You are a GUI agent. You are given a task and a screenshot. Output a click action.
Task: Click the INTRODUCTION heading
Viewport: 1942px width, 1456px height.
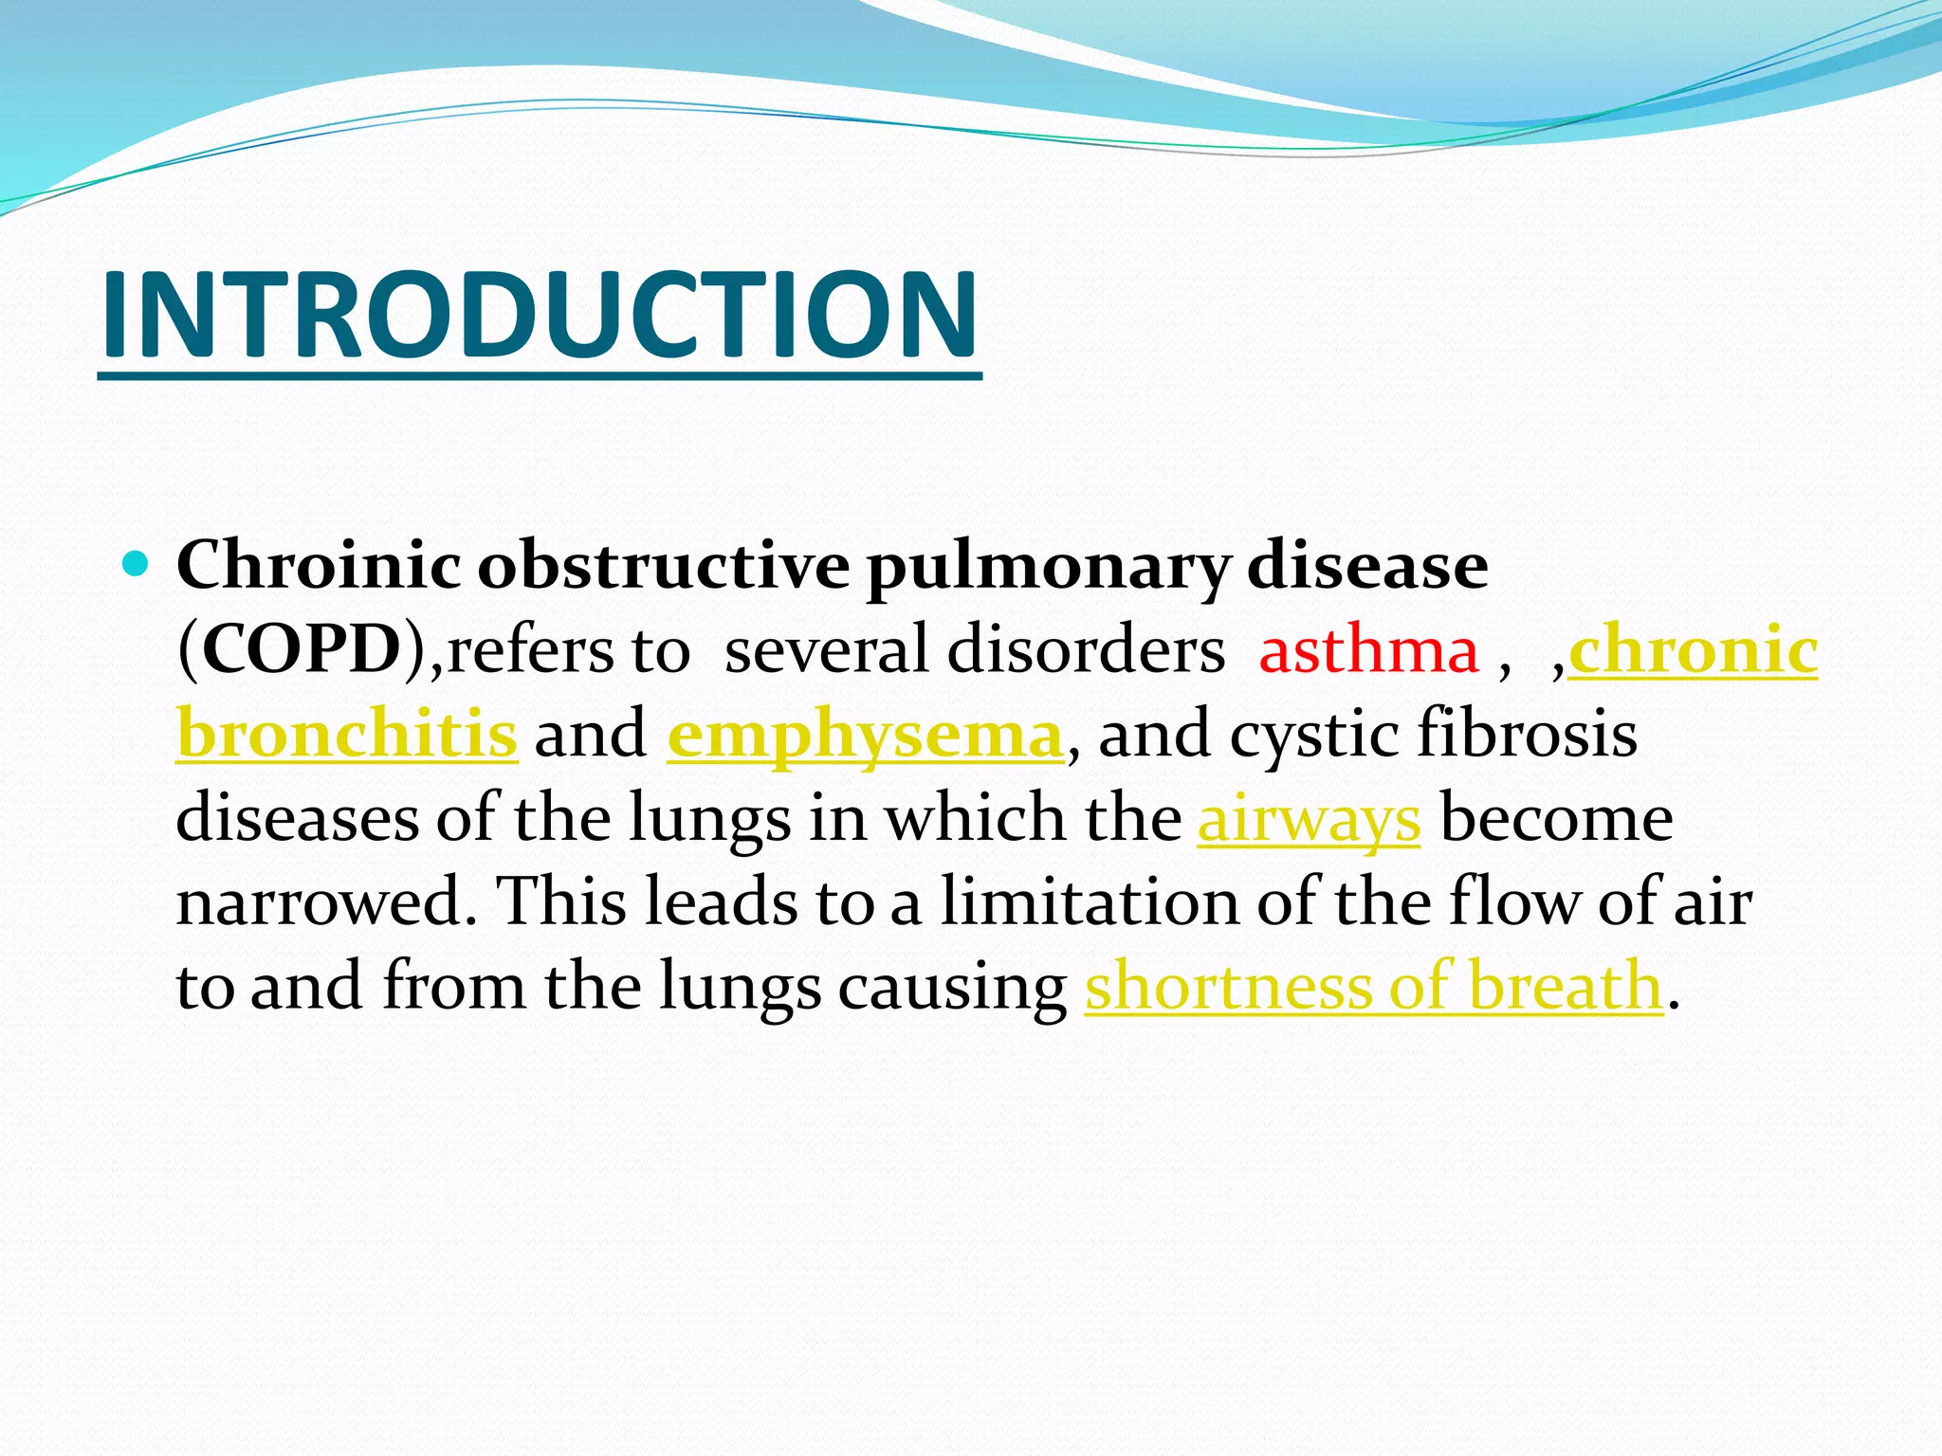point(539,315)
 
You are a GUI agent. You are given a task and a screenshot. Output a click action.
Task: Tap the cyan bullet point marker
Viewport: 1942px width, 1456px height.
point(137,566)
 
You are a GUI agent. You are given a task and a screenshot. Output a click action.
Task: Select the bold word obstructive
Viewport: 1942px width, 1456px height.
point(663,566)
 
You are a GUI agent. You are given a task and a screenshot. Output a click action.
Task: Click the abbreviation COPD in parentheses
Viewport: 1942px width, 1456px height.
point(302,651)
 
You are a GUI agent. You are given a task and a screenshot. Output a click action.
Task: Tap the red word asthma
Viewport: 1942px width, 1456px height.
point(1368,651)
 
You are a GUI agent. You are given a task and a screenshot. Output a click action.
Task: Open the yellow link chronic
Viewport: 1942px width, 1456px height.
point(1694,651)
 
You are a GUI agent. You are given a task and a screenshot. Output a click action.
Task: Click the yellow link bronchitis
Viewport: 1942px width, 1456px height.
point(347,735)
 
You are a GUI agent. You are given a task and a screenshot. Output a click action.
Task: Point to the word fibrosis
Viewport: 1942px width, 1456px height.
point(1527,735)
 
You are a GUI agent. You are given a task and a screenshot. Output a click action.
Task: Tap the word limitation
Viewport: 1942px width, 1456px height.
point(1090,902)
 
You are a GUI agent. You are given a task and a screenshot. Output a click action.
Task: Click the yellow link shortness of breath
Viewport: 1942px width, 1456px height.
point(1374,986)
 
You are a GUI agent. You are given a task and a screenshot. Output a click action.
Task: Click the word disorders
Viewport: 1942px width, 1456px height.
point(1086,651)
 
